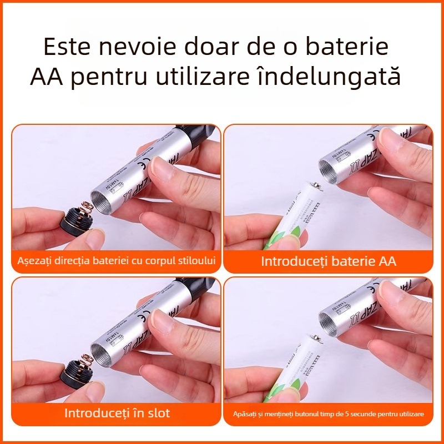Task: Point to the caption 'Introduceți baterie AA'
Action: [329, 261]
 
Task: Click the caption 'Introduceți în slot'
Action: [117, 413]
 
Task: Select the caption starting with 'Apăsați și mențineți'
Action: [329, 414]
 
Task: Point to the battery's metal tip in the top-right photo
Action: [315, 187]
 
